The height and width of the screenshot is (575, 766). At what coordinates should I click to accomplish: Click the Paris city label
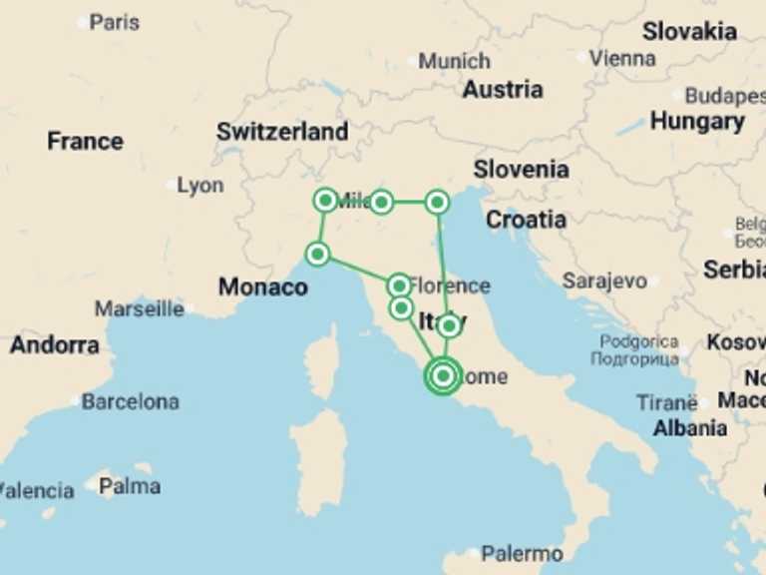pyautogui.click(x=114, y=22)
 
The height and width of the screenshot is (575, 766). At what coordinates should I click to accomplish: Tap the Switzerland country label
pyautogui.click(x=282, y=132)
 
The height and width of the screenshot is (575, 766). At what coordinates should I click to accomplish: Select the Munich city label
pyautogui.click(x=454, y=61)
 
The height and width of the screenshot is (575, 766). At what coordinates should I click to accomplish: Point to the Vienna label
pyautogui.click(x=622, y=58)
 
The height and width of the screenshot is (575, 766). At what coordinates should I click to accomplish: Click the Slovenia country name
pyautogui.click(x=521, y=170)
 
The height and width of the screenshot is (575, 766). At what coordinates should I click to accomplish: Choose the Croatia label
pyautogui.click(x=526, y=220)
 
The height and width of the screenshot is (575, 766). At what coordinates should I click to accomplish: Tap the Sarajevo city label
pyautogui.click(x=604, y=282)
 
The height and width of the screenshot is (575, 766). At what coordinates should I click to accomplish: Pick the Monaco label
pyautogui.click(x=263, y=287)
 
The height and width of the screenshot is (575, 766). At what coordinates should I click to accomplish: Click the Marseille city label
pyautogui.click(x=140, y=308)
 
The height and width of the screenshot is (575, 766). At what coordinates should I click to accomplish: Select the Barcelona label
pyautogui.click(x=130, y=402)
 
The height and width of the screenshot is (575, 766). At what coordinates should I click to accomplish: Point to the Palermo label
pyautogui.click(x=521, y=553)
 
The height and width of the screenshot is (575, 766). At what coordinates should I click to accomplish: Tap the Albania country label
pyautogui.click(x=689, y=428)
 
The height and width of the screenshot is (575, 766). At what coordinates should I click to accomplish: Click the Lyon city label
pyautogui.click(x=200, y=186)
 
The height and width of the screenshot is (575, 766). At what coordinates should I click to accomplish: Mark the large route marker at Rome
pyautogui.click(x=443, y=376)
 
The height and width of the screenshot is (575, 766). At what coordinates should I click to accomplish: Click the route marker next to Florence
pyautogui.click(x=398, y=286)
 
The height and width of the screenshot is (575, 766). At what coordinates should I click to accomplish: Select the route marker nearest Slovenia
pyautogui.click(x=437, y=203)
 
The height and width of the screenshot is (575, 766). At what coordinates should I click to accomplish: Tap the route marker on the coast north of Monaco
pyautogui.click(x=317, y=254)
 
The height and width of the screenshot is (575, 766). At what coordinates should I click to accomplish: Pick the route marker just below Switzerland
pyautogui.click(x=324, y=200)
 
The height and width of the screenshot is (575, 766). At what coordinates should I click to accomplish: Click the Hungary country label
pyautogui.click(x=697, y=122)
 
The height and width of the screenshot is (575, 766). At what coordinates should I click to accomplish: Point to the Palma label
pyautogui.click(x=130, y=486)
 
